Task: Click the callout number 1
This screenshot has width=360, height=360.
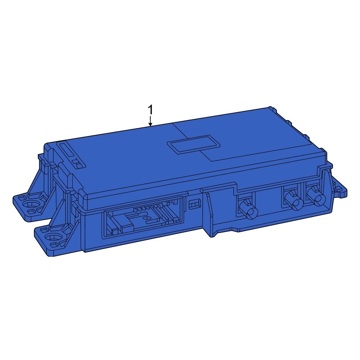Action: [150, 110]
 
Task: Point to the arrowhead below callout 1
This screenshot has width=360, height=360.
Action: [150, 125]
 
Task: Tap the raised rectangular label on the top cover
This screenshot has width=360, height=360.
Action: [194, 145]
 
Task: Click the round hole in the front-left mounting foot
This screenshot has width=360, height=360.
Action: [54, 237]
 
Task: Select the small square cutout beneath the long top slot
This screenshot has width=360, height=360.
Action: [77, 164]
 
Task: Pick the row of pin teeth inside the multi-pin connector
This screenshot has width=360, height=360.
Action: [140, 208]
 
